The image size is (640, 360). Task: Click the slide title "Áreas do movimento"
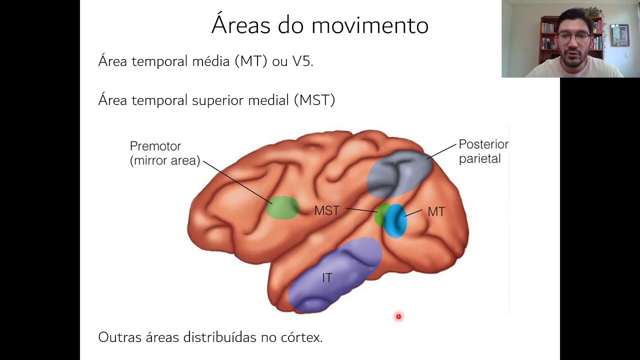click(319, 25)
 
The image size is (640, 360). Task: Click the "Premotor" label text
click(155, 146)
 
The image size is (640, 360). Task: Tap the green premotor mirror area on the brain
click(282, 207)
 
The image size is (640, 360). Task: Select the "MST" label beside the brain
click(326, 210)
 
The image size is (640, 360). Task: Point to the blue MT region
click(396, 221)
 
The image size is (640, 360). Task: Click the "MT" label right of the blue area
click(436, 212)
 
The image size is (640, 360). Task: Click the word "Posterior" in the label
click(483, 144)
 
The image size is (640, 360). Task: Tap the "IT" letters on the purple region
click(327, 277)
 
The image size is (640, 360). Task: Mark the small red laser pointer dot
click(398, 316)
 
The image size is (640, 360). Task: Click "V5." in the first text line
click(302, 61)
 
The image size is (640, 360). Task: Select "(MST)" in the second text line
click(314, 100)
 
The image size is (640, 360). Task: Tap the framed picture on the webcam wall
click(619, 35)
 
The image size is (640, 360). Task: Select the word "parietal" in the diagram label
click(479, 159)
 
